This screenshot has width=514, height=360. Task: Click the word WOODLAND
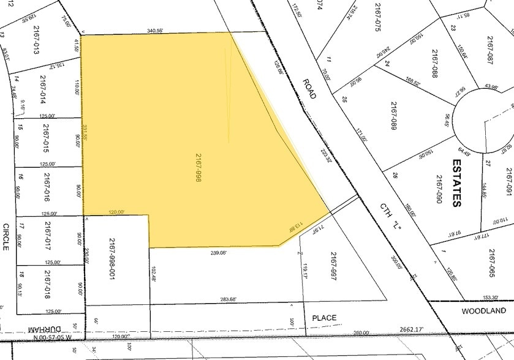click(484, 311)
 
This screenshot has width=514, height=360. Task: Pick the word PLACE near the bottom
click(324, 318)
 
